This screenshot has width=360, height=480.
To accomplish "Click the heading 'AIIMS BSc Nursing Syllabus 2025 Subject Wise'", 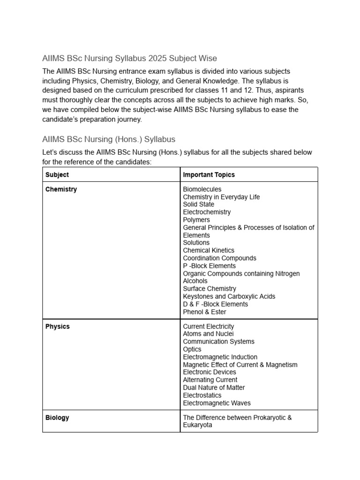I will coord(129,59).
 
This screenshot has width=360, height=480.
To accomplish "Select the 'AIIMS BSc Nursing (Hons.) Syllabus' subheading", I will coord(109,139).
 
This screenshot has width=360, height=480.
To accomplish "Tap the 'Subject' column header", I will coord(57,174).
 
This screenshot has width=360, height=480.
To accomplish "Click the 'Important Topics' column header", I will coord(209,174).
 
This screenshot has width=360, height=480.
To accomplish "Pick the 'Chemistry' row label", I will coord(61,189).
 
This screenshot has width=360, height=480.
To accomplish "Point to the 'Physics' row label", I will coord(58,326).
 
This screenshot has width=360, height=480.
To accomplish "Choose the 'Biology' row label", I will coord(57,417).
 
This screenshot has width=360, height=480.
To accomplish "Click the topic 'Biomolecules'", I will coord(202,189).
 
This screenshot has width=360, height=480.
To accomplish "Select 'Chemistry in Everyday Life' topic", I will coord(221,197).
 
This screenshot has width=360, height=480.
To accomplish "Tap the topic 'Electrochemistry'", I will coord(207,212).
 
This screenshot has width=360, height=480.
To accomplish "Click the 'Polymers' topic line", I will coord(196,220).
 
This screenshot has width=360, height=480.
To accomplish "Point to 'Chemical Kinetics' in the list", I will coord(209,250).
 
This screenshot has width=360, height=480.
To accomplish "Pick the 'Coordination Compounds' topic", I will coord(219,258).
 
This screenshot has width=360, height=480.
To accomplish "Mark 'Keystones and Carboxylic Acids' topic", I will coord(229,296).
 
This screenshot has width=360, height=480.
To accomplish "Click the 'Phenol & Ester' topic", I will coord(204,312).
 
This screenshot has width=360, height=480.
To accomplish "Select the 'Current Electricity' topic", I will coord(209,326).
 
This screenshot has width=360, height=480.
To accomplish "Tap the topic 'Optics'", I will coord(192,349).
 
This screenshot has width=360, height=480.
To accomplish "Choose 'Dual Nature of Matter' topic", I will coord(214,388).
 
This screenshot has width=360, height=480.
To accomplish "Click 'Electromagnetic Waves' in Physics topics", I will coord(217,403).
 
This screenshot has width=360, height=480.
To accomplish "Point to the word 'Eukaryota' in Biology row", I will coord(197,425).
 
